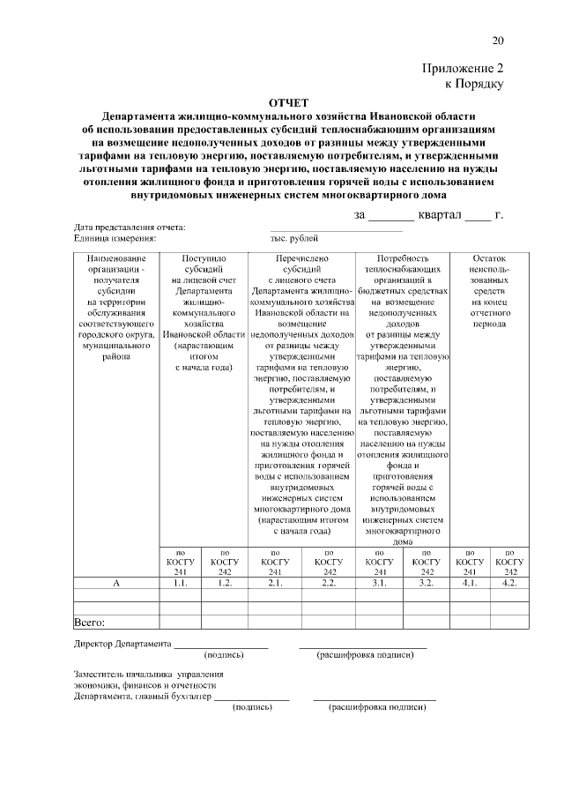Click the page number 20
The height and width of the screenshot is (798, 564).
[498, 41]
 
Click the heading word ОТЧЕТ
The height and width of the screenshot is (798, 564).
[289, 103]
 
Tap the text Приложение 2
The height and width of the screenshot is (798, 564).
[464, 68]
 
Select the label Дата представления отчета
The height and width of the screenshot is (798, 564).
[129, 228]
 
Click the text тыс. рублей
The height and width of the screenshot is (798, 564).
[294, 238]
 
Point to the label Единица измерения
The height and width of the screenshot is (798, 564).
[115, 238]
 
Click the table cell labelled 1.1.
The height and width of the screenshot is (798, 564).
[181, 583]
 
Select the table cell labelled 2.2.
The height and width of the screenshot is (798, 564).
[329, 583]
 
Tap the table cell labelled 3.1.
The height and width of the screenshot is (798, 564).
[379, 583]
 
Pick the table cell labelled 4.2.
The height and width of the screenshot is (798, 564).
[509, 583]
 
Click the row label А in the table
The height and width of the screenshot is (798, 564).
[116, 583]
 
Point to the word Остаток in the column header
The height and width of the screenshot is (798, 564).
[489, 257]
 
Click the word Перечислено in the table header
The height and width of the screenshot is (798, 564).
[302, 257]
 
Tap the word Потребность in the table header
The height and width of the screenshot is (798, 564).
[403, 257]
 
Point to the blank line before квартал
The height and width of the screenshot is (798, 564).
[390, 217]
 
